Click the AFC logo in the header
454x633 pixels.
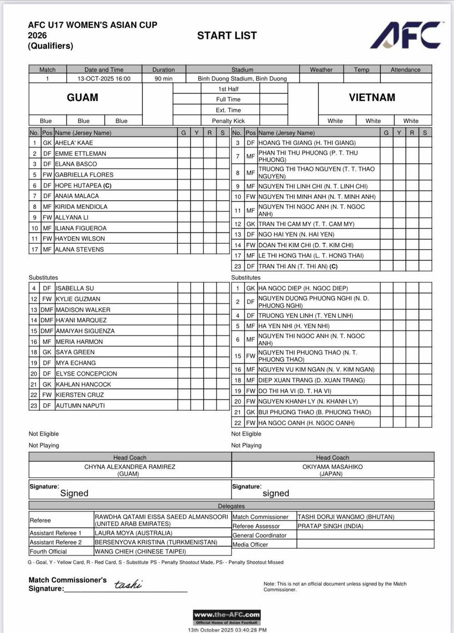pyautogui.click(x=405, y=35)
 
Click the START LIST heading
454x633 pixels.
pyautogui.click(x=227, y=35)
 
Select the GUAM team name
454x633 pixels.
pyautogui.click(x=82, y=98)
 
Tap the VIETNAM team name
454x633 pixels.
pyautogui.click(x=372, y=98)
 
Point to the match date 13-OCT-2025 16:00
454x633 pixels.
pyautogui.click(x=104, y=79)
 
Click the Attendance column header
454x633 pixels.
pyautogui.click(x=405, y=69)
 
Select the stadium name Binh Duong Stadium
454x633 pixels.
pyautogui.click(x=242, y=79)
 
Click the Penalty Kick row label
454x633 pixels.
pyautogui.click(x=228, y=121)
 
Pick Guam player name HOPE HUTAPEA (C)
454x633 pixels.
pyautogui.click(x=83, y=185)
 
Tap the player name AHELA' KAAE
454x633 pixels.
pyautogui.click(x=74, y=142)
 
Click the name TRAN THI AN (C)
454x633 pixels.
pyautogui.click(x=298, y=266)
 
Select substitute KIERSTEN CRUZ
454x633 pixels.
pyautogui.click(x=80, y=395)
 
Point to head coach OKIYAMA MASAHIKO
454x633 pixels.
pyautogui.click(x=332, y=466)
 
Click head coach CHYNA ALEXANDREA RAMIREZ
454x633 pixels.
pyautogui.click(x=129, y=466)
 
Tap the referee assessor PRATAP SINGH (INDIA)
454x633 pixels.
pyautogui.click(x=331, y=526)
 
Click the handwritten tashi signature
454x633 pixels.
pyautogui.click(x=128, y=584)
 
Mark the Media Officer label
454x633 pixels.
pyautogui.click(x=250, y=545)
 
